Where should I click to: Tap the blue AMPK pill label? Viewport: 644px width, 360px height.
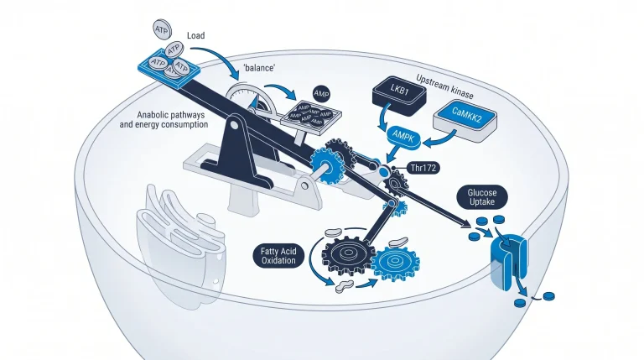click(x=403, y=138)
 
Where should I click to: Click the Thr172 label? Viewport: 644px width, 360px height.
click(x=423, y=168)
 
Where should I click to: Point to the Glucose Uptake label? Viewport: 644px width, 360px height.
click(x=482, y=197)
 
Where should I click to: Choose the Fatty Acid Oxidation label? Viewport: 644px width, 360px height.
click(x=278, y=256)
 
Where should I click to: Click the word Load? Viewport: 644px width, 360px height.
click(x=196, y=36)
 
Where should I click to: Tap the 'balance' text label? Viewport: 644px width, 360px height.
click(x=259, y=68)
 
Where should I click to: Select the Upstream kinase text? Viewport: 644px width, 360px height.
click(x=444, y=86)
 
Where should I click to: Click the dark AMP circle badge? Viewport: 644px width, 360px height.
click(x=322, y=94)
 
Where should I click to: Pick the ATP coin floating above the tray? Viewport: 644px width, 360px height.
click(x=162, y=29)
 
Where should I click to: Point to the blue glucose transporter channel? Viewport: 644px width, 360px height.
click(x=509, y=258)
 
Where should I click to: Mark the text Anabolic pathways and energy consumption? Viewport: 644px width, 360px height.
click(x=164, y=120)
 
